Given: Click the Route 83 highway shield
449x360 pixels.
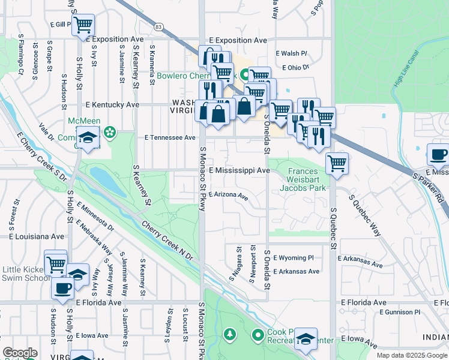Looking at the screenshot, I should click(x=158, y=27).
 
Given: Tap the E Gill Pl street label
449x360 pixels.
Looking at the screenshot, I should click(x=61, y=23).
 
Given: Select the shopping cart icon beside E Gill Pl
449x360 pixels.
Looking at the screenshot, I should click(x=83, y=26).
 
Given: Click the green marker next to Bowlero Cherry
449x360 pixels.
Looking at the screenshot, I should click(x=245, y=76).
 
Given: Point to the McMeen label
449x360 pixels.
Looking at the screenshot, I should click(x=80, y=121).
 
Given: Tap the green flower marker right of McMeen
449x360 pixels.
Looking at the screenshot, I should click(x=110, y=131).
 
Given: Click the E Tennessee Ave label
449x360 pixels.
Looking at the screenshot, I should click(x=170, y=137).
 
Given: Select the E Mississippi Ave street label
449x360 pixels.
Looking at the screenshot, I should click(x=239, y=170).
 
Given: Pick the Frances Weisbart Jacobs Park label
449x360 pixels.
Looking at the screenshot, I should click(x=303, y=179).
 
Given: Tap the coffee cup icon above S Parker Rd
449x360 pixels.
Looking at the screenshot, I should click(x=438, y=155).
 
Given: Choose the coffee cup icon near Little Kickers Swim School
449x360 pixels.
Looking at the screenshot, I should click(x=62, y=287).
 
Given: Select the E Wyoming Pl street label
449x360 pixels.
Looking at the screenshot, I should click(x=294, y=258).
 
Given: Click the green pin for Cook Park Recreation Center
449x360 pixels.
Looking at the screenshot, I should click(x=259, y=334).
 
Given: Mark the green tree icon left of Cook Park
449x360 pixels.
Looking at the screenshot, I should click(x=229, y=333).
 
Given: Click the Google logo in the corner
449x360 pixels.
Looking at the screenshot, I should click(x=20, y=353).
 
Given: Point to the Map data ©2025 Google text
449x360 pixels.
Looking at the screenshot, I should click(x=411, y=355).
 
